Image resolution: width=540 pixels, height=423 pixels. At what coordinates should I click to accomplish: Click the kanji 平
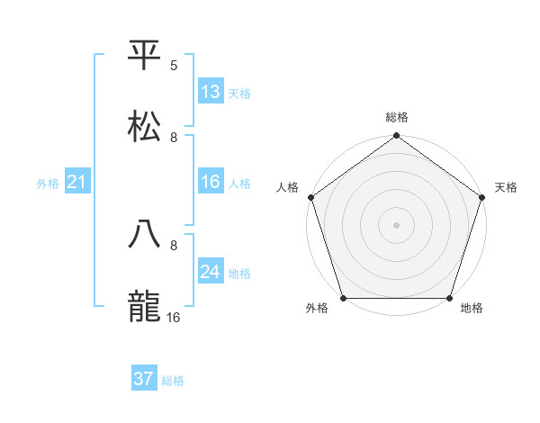tap(145, 57)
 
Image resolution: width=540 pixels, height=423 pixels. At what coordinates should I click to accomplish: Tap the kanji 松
tap(145, 127)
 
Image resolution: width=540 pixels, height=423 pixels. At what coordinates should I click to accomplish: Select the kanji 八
tap(145, 236)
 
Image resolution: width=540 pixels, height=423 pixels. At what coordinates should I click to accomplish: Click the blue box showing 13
tap(211, 92)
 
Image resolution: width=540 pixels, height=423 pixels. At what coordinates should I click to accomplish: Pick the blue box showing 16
tap(211, 182)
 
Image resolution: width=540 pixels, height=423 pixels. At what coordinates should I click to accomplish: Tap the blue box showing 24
tap(211, 272)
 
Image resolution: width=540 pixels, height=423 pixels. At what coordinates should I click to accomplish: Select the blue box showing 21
tap(77, 183)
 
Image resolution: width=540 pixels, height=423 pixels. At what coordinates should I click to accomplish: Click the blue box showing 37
tap(144, 379)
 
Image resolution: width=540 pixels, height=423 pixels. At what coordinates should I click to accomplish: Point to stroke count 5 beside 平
tap(174, 66)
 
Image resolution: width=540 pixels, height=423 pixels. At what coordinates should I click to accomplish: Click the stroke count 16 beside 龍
tap(175, 317)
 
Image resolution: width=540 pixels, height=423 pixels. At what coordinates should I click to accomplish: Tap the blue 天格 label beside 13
tap(239, 94)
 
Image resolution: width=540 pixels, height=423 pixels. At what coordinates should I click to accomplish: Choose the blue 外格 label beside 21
tap(48, 184)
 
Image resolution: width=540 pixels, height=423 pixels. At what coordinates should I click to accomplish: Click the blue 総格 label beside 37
tap(173, 381)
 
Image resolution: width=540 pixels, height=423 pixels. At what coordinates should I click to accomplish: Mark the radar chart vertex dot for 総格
tap(396, 137)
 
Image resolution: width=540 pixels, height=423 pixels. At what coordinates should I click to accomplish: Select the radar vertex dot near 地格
tap(448, 298)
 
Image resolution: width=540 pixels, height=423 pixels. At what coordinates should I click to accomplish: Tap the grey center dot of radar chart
tap(396, 225)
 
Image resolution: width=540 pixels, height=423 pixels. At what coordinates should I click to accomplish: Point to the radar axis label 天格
tap(506, 187)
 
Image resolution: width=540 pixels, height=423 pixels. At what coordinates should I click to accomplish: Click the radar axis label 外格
tap(317, 309)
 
